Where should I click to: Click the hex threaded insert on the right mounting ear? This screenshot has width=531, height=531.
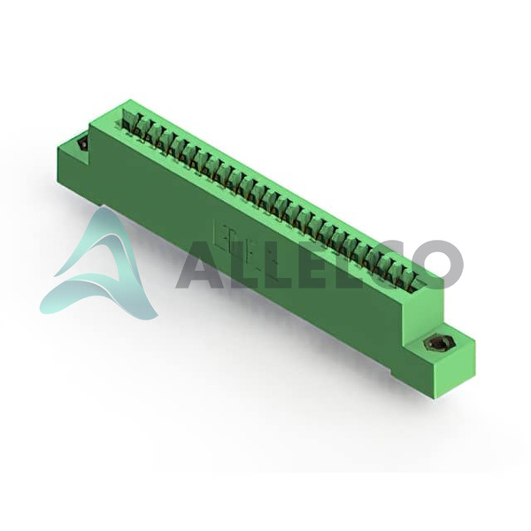point(435,344)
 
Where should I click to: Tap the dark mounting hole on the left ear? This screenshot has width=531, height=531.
point(82,145)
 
